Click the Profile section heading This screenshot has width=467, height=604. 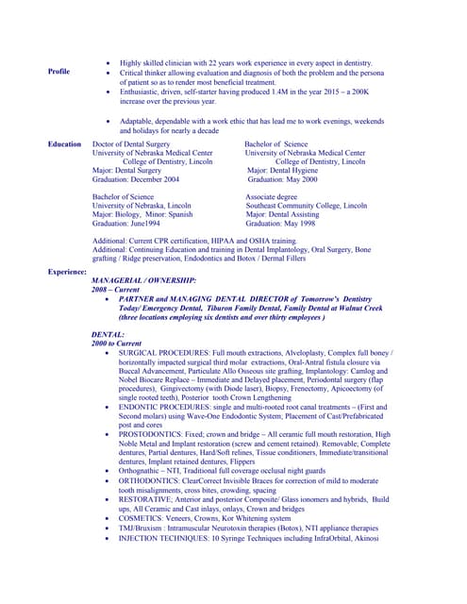pyautogui.click(x=58, y=72)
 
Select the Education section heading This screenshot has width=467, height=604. pyautogui.click(x=65, y=144)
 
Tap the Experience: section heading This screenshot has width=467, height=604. pyautogui.click(x=68, y=272)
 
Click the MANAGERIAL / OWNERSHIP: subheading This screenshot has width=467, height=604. pyautogui.click(x=143, y=281)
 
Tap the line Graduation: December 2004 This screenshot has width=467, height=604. pyautogui.click(x=135, y=178)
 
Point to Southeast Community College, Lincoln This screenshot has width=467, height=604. pyautogui.click(x=307, y=205)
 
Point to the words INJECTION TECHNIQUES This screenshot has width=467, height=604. pyautogui.click(x=163, y=538)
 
